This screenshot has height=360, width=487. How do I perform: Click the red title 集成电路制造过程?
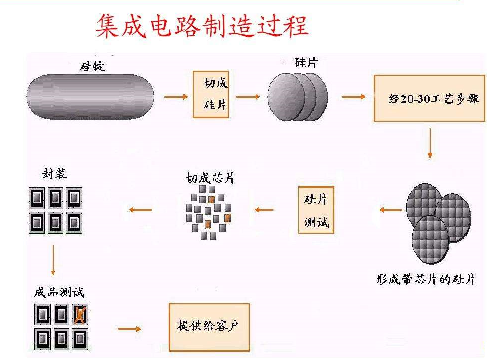click(x=201, y=26)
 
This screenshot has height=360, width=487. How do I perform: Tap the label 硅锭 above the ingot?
click(x=93, y=66)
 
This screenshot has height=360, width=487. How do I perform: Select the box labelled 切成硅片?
click(x=211, y=94)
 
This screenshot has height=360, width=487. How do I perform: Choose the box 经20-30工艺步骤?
click(x=429, y=98)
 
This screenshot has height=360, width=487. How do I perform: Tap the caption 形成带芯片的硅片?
click(x=425, y=279)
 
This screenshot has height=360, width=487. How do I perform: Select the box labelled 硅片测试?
click(x=316, y=210)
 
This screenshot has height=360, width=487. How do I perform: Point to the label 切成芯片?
click(x=210, y=178)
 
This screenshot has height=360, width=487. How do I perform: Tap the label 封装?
click(x=54, y=174)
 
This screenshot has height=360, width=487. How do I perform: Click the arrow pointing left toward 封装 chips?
click(x=141, y=209)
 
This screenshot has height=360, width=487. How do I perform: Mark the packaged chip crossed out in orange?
click(x=78, y=315)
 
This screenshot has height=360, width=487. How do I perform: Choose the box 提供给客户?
click(x=208, y=327)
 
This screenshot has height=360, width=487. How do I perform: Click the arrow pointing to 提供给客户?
click(x=130, y=329)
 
